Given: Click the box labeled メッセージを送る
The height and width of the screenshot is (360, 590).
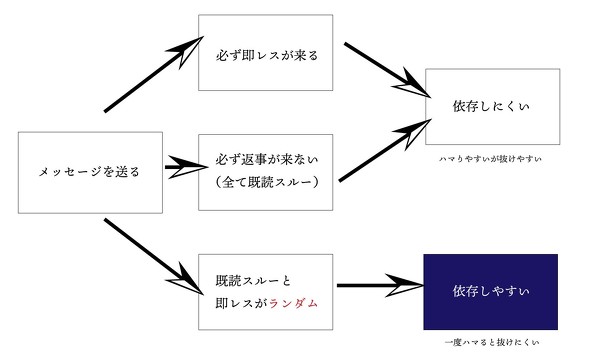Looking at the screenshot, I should pyautogui.click(x=89, y=171).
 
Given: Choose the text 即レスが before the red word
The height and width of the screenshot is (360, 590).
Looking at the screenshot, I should pyautogui.click(x=239, y=301).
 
